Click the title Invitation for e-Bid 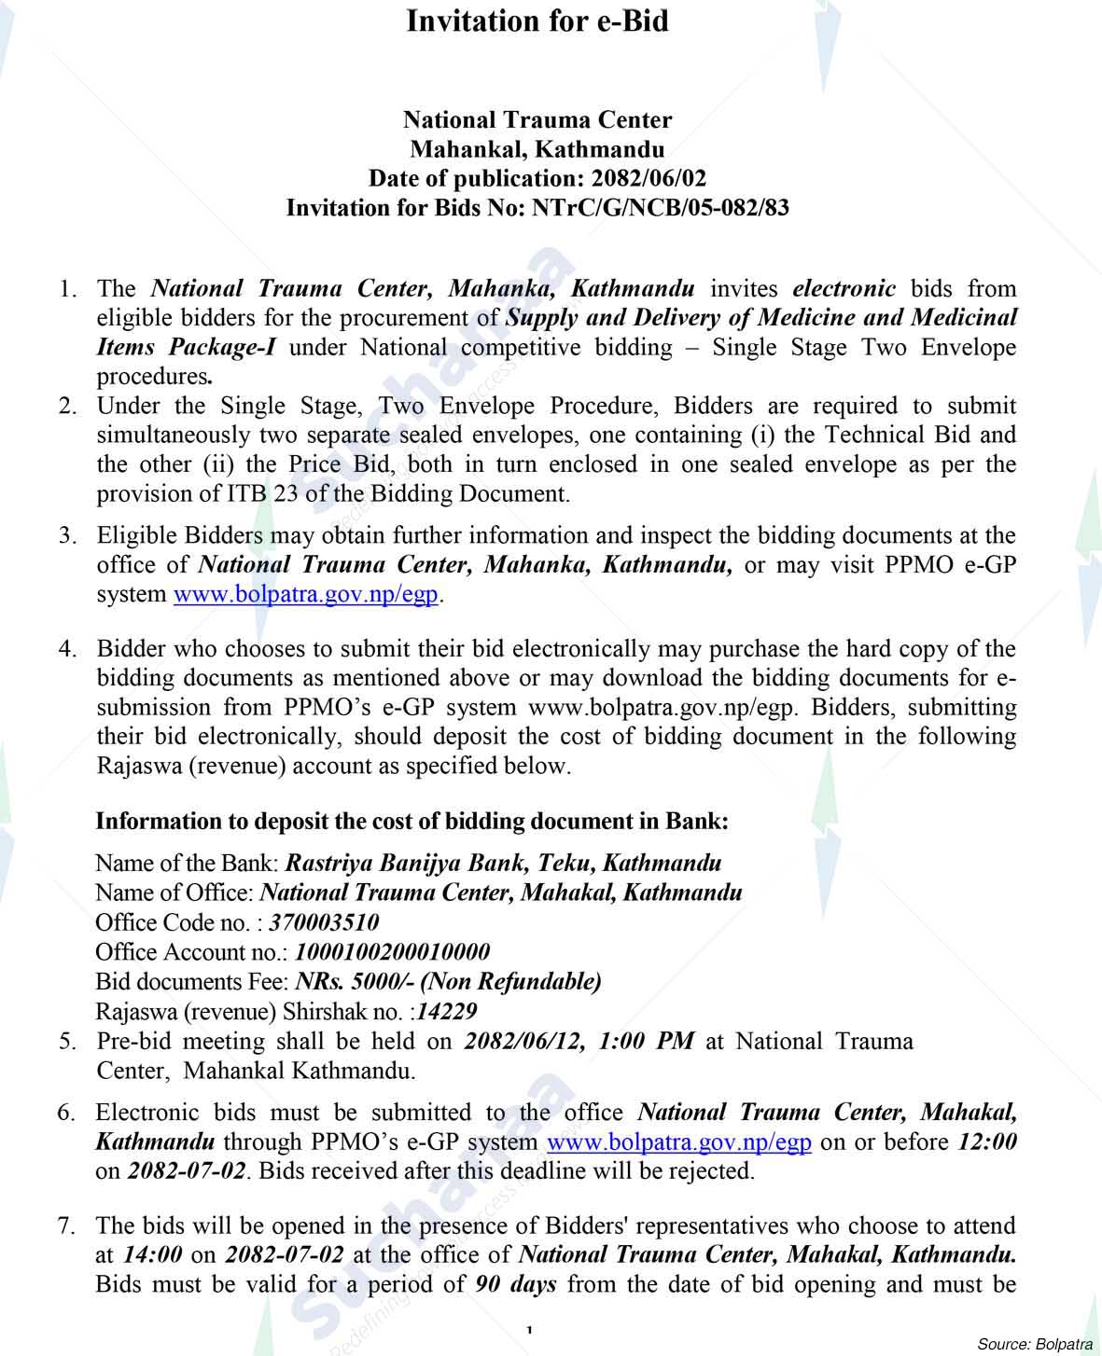(x=537, y=21)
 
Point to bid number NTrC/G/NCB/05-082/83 (x=660, y=207)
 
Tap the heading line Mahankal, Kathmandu (x=537, y=149)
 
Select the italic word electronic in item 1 (x=844, y=289)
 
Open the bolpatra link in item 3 (x=306, y=594)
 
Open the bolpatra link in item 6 (x=678, y=1142)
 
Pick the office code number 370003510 (x=324, y=922)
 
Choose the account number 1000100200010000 (x=392, y=952)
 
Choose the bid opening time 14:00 (x=153, y=1255)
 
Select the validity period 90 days (x=515, y=1284)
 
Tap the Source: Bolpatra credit (x=1034, y=1344)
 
